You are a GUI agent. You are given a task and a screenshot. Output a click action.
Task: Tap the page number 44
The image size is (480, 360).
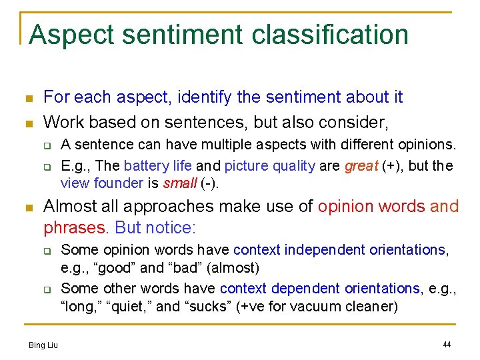(x=447, y=345)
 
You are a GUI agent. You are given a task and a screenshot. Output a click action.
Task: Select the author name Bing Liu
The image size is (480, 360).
(x=43, y=345)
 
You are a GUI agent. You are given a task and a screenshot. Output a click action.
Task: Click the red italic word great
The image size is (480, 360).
(x=360, y=166)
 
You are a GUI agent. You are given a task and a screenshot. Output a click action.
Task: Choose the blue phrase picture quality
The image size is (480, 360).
(x=269, y=166)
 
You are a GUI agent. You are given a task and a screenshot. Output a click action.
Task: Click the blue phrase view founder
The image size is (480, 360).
(x=101, y=183)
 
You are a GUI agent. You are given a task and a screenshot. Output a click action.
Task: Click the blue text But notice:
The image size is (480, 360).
(x=156, y=227)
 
